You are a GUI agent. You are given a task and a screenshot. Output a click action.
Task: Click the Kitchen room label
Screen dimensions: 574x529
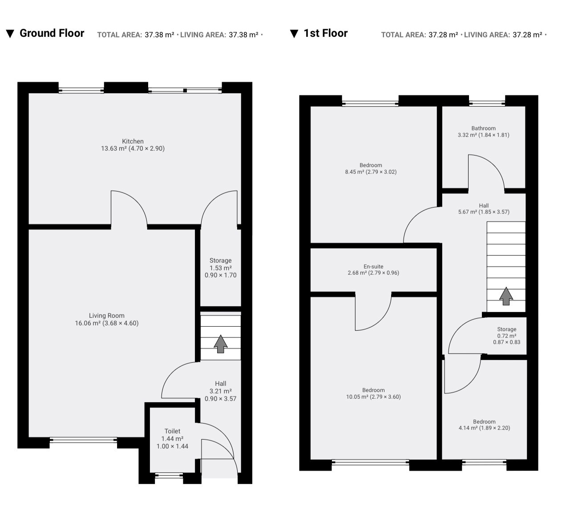(x=133, y=141)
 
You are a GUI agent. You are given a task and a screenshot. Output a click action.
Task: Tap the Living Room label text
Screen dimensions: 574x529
(x=107, y=316)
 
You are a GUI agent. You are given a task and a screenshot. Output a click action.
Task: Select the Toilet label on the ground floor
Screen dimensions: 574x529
(x=172, y=431)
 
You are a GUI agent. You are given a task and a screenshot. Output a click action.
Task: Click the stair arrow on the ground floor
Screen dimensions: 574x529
(x=221, y=344)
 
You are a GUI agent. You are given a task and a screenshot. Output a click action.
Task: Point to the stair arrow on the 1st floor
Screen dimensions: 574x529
(x=506, y=296)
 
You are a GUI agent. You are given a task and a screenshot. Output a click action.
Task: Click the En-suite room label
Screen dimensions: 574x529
(x=373, y=267)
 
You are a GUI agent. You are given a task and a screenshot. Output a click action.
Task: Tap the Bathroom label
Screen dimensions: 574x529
(x=484, y=128)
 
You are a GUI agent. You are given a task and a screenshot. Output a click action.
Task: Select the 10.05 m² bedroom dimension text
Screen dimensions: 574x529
(x=373, y=397)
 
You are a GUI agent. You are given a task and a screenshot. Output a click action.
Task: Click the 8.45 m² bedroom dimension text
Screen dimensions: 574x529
(x=371, y=172)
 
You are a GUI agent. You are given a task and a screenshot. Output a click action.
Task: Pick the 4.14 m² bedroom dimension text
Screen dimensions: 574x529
(x=485, y=428)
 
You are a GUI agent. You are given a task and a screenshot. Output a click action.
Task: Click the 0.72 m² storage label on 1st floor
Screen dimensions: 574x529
(x=507, y=336)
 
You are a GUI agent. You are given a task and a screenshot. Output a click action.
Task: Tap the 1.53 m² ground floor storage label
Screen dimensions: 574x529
(x=221, y=268)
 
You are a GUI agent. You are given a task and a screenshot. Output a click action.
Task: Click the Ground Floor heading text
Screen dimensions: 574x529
(x=52, y=33)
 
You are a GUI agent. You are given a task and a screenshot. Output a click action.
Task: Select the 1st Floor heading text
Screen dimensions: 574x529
(x=325, y=33)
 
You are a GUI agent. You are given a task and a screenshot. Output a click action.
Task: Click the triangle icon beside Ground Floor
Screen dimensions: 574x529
(x=10, y=34)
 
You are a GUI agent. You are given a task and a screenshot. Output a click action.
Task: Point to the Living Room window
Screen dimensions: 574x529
(x=83, y=440)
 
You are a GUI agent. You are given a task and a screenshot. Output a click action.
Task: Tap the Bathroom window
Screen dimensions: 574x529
(x=487, y=104)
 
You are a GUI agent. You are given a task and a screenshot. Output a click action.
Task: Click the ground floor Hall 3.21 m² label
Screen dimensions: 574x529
(x=221, y=391)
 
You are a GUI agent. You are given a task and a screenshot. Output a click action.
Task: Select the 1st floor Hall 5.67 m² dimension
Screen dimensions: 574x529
(x=484, y=212)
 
